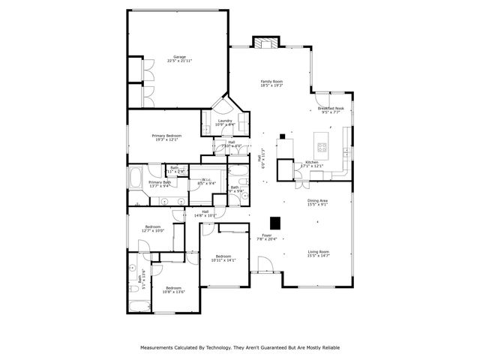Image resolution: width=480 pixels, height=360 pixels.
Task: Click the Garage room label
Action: pos(179,58)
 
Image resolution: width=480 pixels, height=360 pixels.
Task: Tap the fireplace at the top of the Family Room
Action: pos(265,43)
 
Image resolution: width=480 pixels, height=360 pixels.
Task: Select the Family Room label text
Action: pos(271,82)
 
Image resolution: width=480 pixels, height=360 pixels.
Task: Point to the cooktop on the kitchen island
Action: pos(323,147)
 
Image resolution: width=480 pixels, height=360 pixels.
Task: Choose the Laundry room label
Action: pos(224,122)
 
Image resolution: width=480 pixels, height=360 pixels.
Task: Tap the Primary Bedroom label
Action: pos(166,137)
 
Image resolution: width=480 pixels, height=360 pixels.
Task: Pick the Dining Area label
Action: pos(318,202)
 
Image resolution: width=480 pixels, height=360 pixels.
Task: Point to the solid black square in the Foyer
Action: pos(275,223)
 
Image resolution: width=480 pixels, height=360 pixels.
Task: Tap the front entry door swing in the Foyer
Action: pos(264,264)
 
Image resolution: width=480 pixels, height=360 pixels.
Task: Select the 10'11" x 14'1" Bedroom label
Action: pos(223,258)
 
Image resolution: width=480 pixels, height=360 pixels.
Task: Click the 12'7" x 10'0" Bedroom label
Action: pos(152,228)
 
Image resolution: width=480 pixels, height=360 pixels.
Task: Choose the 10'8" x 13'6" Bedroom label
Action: pos(173,290)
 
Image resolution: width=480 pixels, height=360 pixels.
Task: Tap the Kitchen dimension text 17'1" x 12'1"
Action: pos(312,166)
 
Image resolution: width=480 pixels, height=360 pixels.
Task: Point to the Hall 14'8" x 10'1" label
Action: pos(205,213)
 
